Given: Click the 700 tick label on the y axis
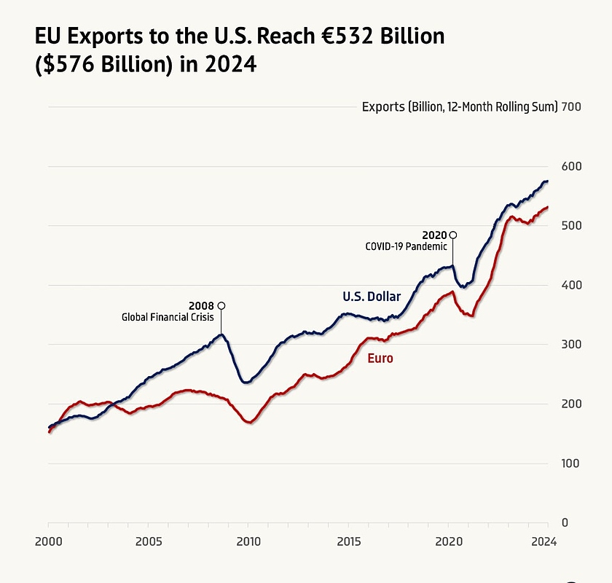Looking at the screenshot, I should click(571, 106).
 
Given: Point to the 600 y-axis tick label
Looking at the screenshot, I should click(571, 166).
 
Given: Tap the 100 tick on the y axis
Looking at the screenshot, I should click(571, 463).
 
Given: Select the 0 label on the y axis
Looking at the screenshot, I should click(565, 523).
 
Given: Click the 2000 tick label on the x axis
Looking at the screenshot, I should click(48, 541).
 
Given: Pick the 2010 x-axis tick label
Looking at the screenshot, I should click(248, 541).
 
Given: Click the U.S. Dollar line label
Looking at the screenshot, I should click(372, 297).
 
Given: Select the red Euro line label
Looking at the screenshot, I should click(380, 359).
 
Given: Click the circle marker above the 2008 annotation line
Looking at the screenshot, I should click(221, 305).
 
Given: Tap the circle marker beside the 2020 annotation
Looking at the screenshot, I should click(453, 235).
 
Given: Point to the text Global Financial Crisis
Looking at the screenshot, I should click(168, 317).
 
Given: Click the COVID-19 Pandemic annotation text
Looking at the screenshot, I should click(406, 247).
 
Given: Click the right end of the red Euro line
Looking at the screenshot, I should click(547, 207).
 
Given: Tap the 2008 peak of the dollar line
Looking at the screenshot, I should click(221, 334).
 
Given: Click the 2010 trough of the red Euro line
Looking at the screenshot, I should click(249, 422).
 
